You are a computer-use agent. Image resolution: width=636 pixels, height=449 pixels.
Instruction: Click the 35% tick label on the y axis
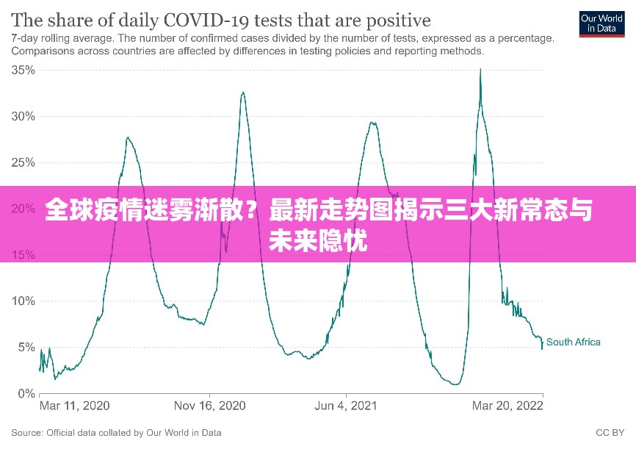(24, 70)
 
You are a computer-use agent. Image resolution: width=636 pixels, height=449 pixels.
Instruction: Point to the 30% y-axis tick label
(24, 116)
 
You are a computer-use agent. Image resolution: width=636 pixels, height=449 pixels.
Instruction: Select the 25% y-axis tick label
(24, 162)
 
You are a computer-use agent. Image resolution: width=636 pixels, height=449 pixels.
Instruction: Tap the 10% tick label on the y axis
(24, 301)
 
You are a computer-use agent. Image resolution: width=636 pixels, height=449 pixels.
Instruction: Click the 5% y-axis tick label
(26, 347)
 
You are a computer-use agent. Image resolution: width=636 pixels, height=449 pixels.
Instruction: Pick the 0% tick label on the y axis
(26, 393)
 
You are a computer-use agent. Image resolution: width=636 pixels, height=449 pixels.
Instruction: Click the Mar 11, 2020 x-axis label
(74, 406)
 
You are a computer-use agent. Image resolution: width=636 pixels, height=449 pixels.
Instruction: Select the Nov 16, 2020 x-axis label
(209, 406)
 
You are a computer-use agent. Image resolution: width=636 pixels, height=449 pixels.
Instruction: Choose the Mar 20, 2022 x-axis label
(507, 406)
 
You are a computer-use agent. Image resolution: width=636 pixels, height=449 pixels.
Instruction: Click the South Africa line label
(573, 342)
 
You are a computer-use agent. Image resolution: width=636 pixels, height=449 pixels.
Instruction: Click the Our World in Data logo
(601, 23)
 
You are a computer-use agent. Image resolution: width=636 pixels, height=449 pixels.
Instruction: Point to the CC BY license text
(610, 433)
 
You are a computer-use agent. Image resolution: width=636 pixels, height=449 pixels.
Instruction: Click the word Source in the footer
(26, 433)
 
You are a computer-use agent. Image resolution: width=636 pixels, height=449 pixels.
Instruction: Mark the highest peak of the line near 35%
(480, 70)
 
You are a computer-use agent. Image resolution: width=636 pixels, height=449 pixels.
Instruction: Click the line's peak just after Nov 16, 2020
(243, 93)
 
